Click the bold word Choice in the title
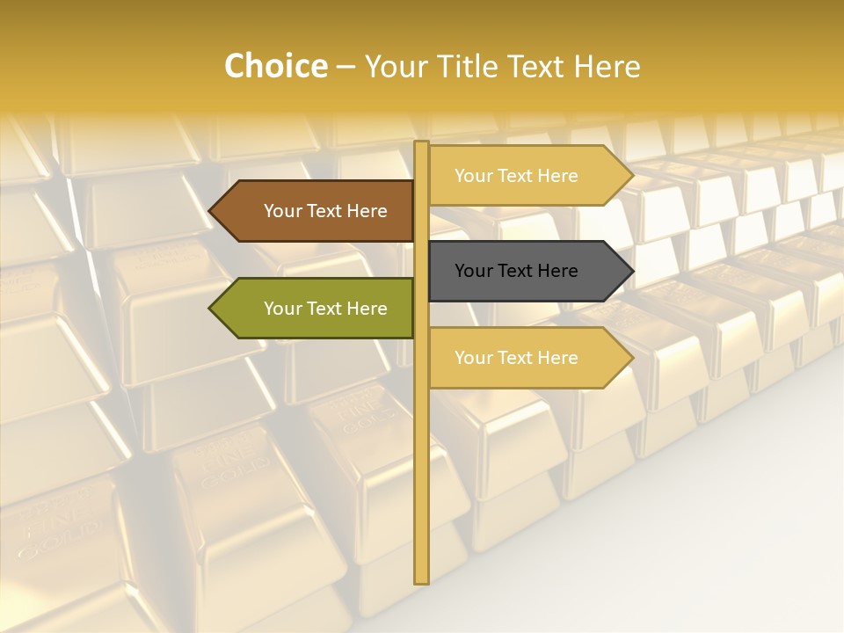275,66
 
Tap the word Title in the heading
471,66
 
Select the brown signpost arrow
316,211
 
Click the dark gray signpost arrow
527,271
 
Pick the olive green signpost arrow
316,309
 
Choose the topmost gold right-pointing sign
527,176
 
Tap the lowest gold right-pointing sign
527,358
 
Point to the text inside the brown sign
325,211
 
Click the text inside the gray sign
516,271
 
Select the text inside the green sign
325,309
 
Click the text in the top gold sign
516,176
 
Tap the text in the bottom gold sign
516,358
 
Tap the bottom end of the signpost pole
421,579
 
